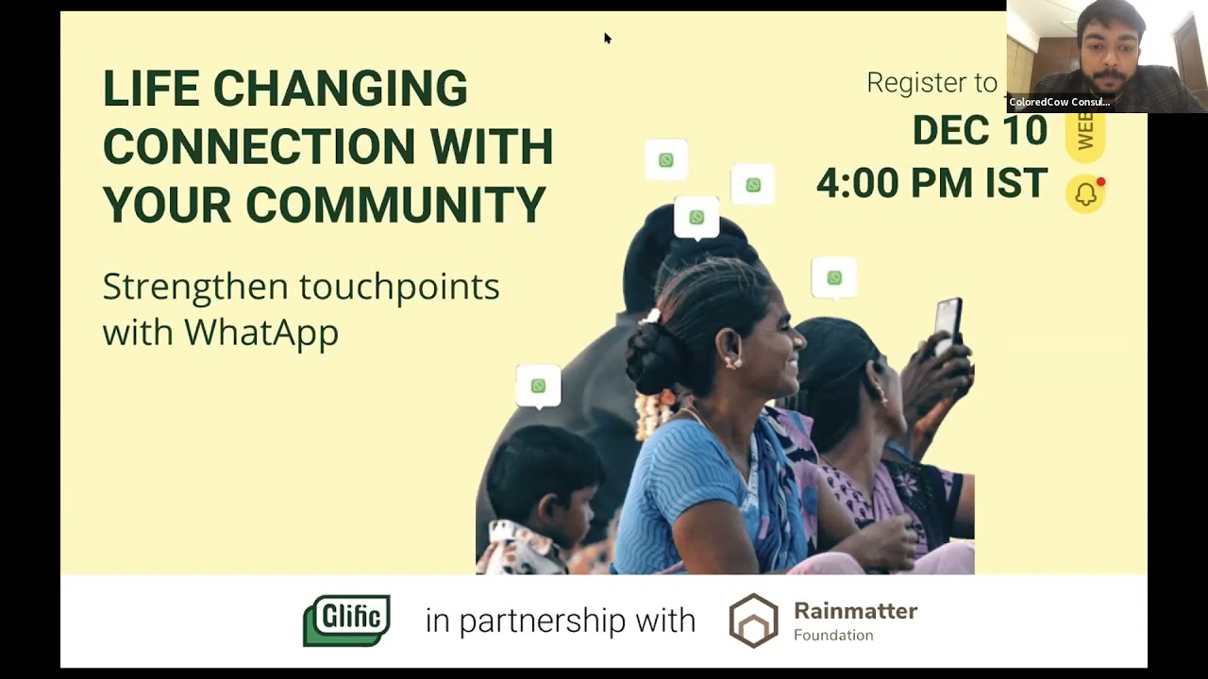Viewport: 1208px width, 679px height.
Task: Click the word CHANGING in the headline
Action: [x=340, y=90]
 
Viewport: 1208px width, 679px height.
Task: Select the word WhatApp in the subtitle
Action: [x=261, y=332]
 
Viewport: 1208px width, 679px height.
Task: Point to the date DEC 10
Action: [x=979, y=130]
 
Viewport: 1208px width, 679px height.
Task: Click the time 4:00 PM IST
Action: [x=931, y=183]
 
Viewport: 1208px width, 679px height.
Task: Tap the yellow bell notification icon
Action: [x=1085, y=194]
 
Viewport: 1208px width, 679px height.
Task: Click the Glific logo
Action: [x=346, y=620]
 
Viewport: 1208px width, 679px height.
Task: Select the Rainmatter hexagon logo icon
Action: [x=753, y=621]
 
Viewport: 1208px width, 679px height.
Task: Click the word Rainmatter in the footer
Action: [x=855, y=611]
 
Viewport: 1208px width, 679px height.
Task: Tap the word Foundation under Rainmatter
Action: [x=833, y=636]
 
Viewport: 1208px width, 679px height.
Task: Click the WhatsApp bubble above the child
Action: [x=538, y=386]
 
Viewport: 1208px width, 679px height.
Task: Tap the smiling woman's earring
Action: [x=729, y=361]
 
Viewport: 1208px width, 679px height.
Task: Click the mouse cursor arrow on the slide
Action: [x=607, y=38]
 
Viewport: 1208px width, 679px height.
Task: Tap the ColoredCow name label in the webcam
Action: [x=1059, y=102]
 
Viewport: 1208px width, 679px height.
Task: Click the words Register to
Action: [x=931, y=83]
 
